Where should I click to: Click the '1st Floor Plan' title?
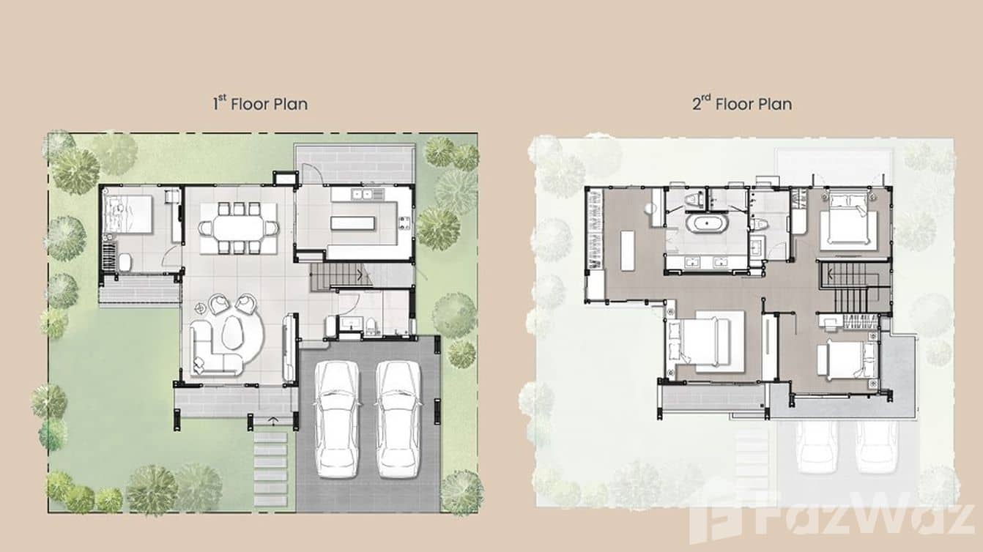pos(260,103)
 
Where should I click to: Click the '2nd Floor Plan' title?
pos(742,103)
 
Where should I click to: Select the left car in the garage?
pos(338,418)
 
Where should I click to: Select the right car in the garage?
pos(398,418)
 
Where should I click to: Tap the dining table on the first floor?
pos(239,228)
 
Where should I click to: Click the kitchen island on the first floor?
pos(363,222)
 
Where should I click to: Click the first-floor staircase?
pos(341,277)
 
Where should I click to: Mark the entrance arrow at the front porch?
pos(274,420)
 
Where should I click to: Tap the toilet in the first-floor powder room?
pos(371,325)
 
